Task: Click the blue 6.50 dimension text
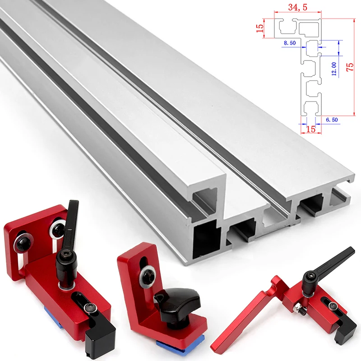coord(332,119)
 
